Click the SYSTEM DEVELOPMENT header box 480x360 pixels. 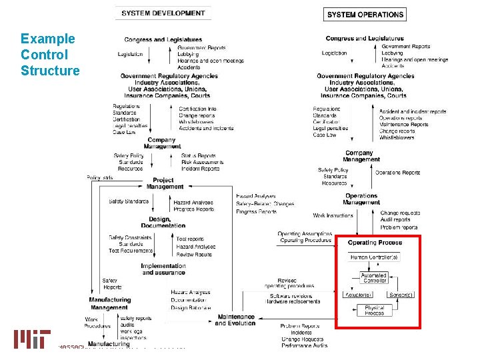[163, 13]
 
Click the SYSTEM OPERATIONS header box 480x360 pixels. [365, 14]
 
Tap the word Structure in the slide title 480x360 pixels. [50, 71]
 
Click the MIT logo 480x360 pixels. [32, 339]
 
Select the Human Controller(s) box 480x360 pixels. [375, 257]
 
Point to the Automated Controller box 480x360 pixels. [374, 277]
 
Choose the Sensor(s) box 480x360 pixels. [401, 295]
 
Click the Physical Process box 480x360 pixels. [374, 310]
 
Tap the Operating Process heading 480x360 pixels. [375, 243]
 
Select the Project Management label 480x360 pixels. [165, 183]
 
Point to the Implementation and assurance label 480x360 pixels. [163, 269]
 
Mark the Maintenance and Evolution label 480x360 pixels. [235, 320]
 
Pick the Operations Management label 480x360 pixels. [361, 199]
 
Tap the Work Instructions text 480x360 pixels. [333, 215]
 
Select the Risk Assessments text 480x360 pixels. [201, 162]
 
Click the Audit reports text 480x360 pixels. [395, 219]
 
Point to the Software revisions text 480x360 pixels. [293, 295]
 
